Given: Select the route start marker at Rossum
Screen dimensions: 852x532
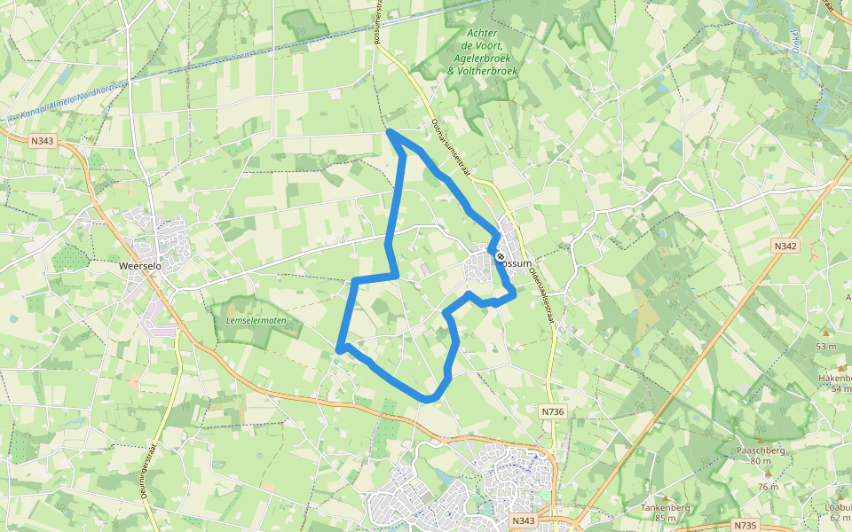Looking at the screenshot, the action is pyautogui.click(x=501, y=256).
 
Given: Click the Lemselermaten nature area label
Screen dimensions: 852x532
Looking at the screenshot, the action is pyautogui.click(x=256, y=319).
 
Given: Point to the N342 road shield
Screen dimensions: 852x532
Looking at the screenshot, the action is pyautogui.click(x=785, y=246).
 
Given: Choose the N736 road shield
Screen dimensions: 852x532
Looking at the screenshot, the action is pyautogui.click(x=551, y=411).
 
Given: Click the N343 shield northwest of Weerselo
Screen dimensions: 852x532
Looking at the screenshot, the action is pyautogui.click(x=42, y=140).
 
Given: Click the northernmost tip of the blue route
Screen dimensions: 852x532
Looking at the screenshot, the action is pyautogui.click(x=390, y=132).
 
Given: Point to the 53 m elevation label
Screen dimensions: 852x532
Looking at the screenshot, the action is pyautogui.click(x=826, y=346).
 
